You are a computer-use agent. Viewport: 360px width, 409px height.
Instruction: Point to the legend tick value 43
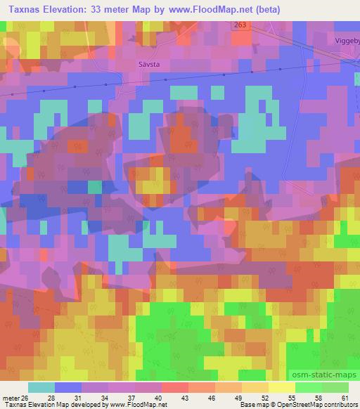165,397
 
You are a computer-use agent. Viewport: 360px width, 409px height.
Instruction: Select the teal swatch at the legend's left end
41,387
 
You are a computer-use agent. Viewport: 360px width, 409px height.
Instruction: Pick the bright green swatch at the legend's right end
335,387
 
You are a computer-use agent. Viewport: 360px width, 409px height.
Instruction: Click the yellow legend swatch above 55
281,387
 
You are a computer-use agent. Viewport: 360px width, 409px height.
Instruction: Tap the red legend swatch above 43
174,387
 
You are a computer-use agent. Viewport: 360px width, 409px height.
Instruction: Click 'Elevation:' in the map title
75,10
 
